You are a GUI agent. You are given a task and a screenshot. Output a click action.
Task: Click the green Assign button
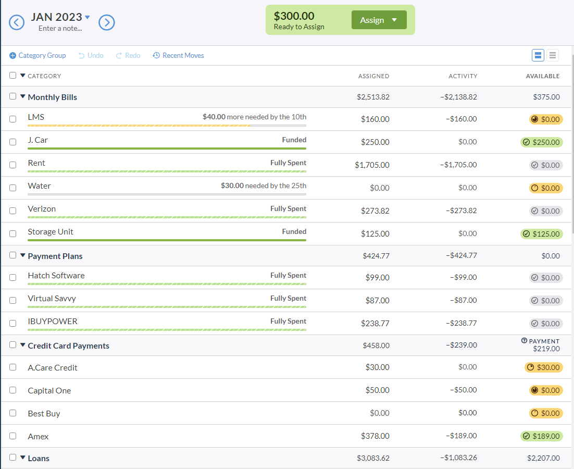pos(379,20)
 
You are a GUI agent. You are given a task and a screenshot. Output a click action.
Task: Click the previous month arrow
pos(17,22)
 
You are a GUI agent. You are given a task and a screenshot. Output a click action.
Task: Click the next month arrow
pos(107,22)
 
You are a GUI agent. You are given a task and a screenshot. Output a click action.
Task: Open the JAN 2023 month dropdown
pos(87,17)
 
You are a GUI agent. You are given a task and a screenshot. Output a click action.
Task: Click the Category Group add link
pos(38,55)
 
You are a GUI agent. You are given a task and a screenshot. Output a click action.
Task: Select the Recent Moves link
pos(178,55)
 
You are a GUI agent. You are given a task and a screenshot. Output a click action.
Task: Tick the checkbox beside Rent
pos(13,165)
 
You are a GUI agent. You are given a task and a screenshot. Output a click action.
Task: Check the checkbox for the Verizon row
pos(13,211)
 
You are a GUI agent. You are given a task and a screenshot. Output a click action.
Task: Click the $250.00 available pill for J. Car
pos(542,142)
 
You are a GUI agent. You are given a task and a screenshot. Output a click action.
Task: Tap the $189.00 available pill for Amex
pos(542,436)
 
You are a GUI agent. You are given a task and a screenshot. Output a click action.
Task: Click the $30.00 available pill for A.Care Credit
pos(544,367)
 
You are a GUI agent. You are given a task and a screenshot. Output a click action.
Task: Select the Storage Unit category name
pos(51,232)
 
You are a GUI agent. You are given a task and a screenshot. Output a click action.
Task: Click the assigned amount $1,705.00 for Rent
pos(372,165)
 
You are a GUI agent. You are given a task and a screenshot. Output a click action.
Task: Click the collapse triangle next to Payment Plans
pos(22,256)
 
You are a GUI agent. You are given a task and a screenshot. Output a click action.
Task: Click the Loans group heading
pos(39,459)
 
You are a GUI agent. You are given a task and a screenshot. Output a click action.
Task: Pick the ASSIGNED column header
pos(373,76)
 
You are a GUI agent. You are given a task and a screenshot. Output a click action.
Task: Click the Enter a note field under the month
pos(60,28)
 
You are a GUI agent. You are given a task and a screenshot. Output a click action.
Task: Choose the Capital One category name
pos(49,391)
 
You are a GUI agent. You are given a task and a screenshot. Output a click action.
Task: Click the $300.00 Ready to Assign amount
pos(295,16)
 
